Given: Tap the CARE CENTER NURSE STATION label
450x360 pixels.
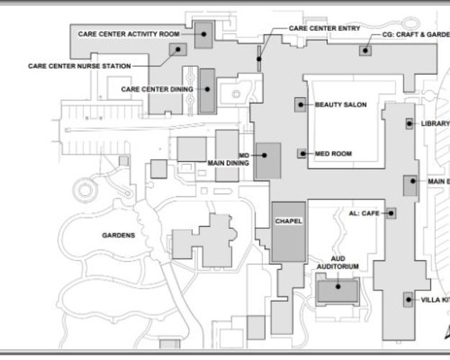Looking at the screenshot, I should [x=79, y=66].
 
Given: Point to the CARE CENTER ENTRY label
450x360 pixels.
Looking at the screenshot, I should [x=320, y=29].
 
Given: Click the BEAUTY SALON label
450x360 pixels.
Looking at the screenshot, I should [x=341, y=105].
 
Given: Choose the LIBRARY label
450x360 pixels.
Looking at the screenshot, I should [x=435, y=124].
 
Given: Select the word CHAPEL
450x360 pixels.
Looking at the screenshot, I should [x=289, y=221].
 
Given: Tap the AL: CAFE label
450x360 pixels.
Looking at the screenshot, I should [x=364, y=213].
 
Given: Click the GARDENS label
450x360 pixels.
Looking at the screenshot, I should [x=119, y=235].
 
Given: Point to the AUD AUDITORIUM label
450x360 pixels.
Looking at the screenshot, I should [x=338, y=262].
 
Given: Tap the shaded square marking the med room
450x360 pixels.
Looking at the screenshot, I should [x=302, y=153].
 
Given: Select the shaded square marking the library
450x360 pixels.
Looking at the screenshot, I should [x=409, y=123].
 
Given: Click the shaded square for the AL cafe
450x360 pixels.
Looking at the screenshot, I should [x=391, y=213].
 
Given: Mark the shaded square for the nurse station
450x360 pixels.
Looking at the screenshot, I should [x=175, y=49].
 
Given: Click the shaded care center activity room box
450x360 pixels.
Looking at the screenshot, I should [x=204, y=35].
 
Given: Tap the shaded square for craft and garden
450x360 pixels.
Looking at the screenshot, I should [x=366, y=50].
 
